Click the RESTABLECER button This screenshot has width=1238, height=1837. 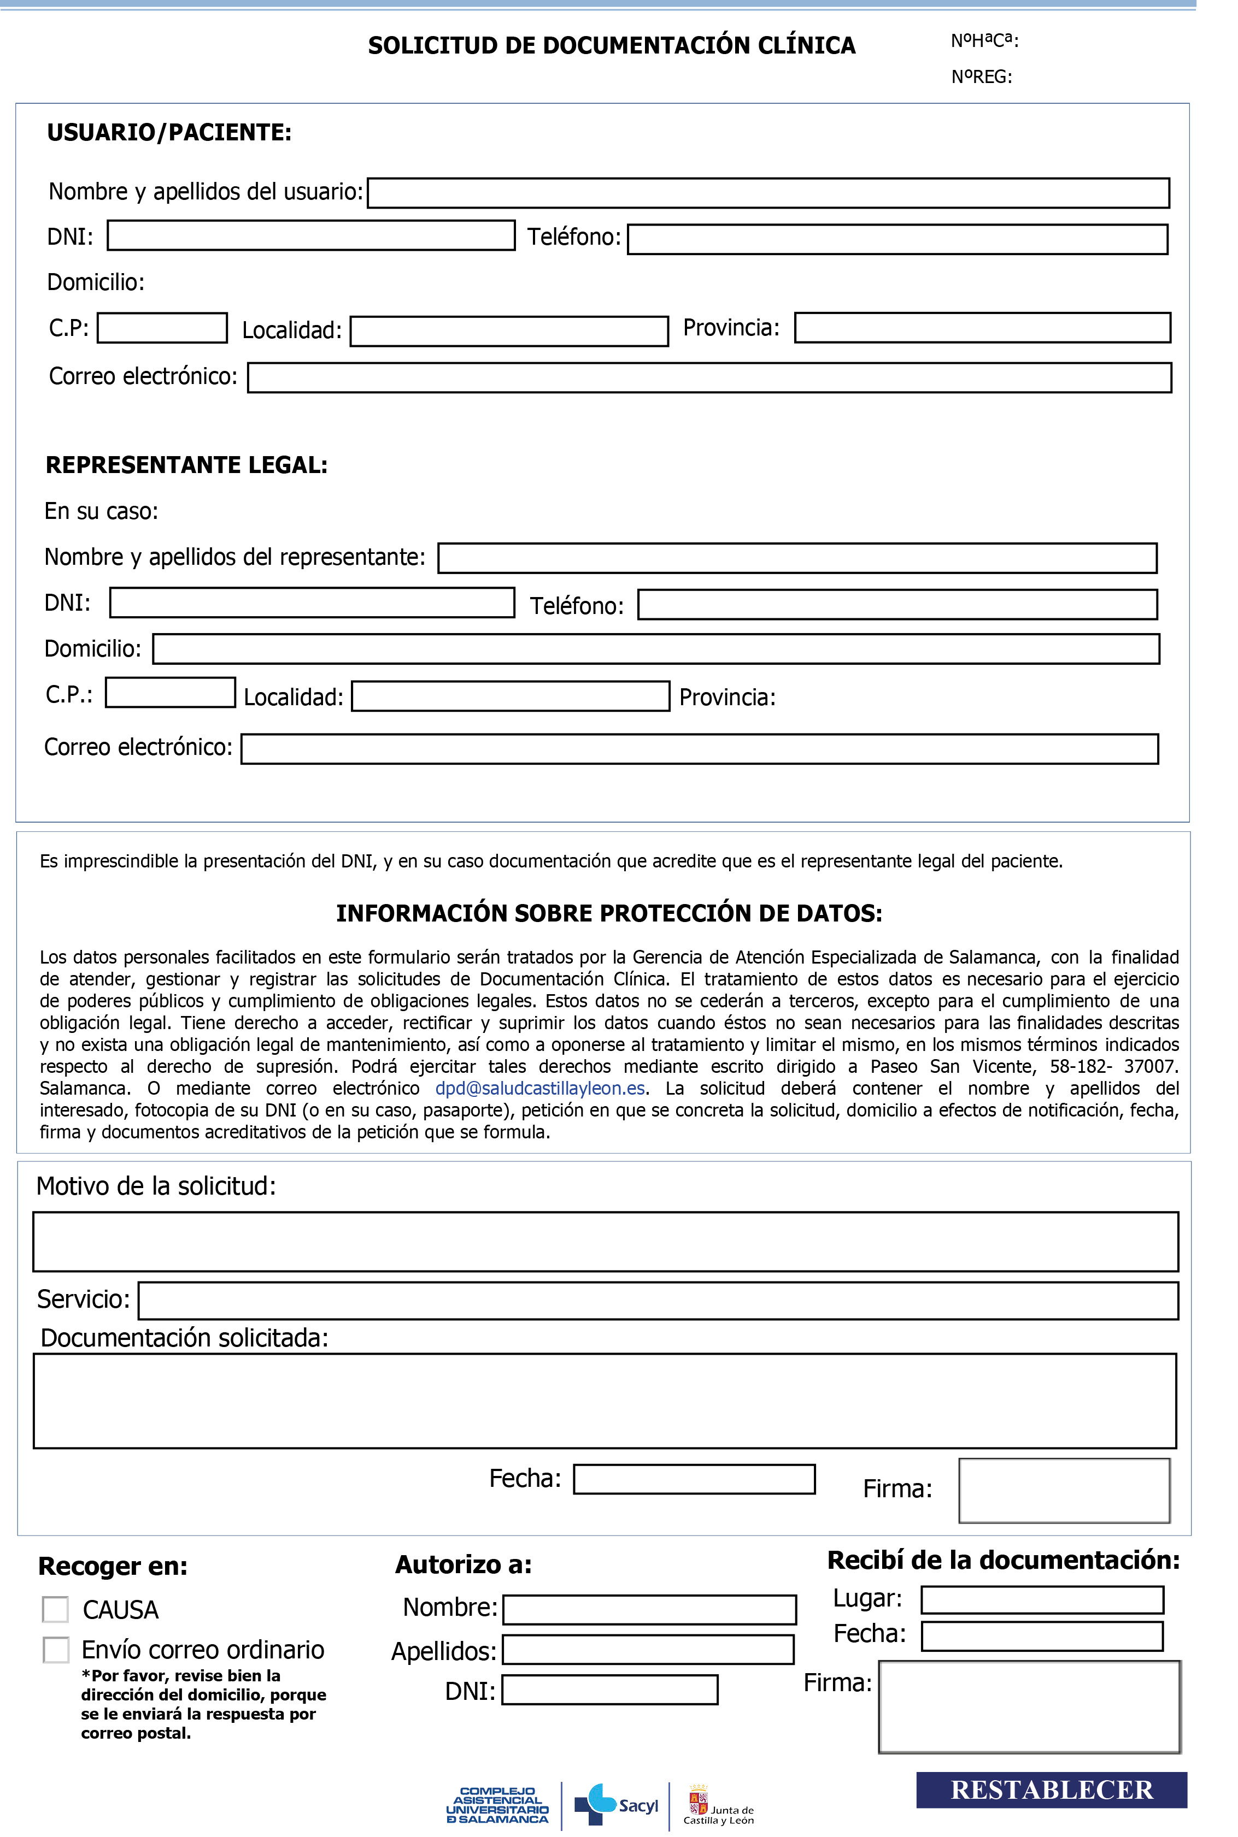[x=1051, y=1789]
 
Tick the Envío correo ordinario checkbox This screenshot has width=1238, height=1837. [x=55, y=1649]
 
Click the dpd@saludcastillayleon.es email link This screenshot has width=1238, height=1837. [x=540, y=1088]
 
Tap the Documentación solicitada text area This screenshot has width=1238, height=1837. [x=605, y=1401]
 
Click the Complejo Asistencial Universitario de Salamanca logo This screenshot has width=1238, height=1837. [x=497, y=1805]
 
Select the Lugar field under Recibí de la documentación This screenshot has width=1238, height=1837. [x=1042, y=1599]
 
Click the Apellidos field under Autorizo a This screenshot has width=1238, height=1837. [x=648, y=1649]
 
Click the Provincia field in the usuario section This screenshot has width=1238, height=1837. [x=982, y=328]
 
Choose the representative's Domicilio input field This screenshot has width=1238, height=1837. [x=655, y=648]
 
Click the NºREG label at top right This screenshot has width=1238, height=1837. [x=982, y=76]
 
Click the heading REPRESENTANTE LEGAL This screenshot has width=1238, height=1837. [x=186, y=465]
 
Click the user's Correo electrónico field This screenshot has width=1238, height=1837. [x=709, y=377]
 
